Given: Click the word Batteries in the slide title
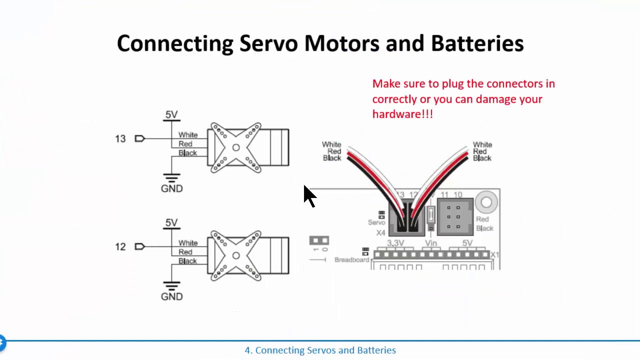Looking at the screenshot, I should pyautogui.click(x=477, y=43).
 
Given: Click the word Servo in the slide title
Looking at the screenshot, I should pyautogui.click(x=268, y=43).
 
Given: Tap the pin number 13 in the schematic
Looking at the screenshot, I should pyautogui.click(x=120, y=139).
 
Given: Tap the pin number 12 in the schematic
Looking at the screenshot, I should pyautogui.click(x=120, y=247).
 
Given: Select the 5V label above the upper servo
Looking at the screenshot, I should pyautogui.click(x=171, y=114).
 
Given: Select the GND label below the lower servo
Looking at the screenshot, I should pyautogui.click(x=171, y=296).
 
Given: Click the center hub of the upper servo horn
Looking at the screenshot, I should pyautogui.click(x=236, y=147).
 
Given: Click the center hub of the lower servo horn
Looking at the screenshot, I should pyautogui.click(x=236, y=255).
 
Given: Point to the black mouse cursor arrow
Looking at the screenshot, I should pyautogui.click(x=309, y=195).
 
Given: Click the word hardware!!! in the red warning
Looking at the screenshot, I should pyautogui.click(x=402, y=114).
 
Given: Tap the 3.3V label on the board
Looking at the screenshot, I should pyautogui.click(x=395, y=243).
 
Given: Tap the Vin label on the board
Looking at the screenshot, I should pyautogui.click(x=431, y=243).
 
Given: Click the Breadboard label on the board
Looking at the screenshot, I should pyautogui.click(x=351, y=260).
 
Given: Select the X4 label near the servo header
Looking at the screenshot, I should pyautogui.click(x=380, y=233).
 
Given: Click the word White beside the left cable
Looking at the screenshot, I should pyautogui.click(x=331, y=144).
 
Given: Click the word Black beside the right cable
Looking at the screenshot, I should pyautogui.click(x=482, y=158).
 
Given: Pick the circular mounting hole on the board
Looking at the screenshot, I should pyautogui.click(x=486, y=202).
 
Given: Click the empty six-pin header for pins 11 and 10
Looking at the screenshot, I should pyautogui.click(x=455, y=216).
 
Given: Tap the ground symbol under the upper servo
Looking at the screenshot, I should pyautogui.click(x=171, y=178).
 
